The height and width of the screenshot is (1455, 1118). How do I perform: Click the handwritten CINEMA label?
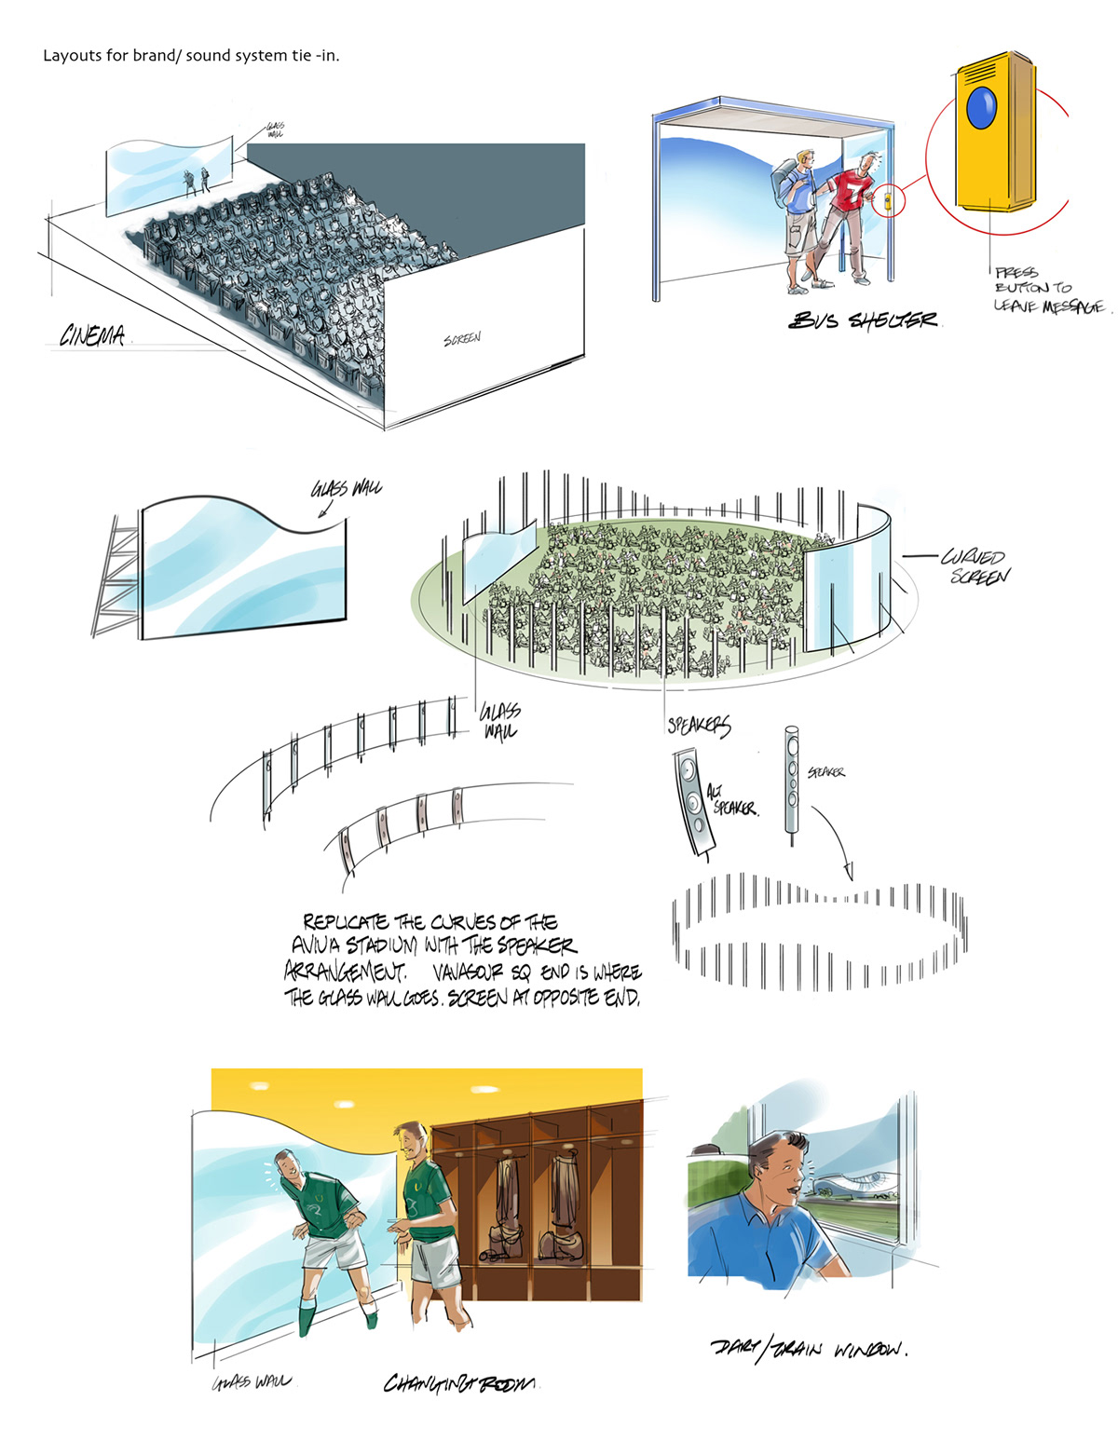[92, 335]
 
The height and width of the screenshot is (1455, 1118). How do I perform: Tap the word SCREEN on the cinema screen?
[462, 339]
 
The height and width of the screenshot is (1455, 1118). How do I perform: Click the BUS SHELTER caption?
[863, 320]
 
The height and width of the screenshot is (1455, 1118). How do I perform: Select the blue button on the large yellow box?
[981, 108]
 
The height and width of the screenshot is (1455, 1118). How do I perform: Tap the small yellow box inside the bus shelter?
[887, 199]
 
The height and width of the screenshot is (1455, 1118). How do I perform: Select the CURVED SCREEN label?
[975, 566]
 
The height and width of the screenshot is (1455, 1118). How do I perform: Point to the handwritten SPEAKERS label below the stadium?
[699, 726]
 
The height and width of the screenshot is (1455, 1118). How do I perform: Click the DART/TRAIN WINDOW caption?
[808, 1348]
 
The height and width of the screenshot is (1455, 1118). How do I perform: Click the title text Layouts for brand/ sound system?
[191, 56]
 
